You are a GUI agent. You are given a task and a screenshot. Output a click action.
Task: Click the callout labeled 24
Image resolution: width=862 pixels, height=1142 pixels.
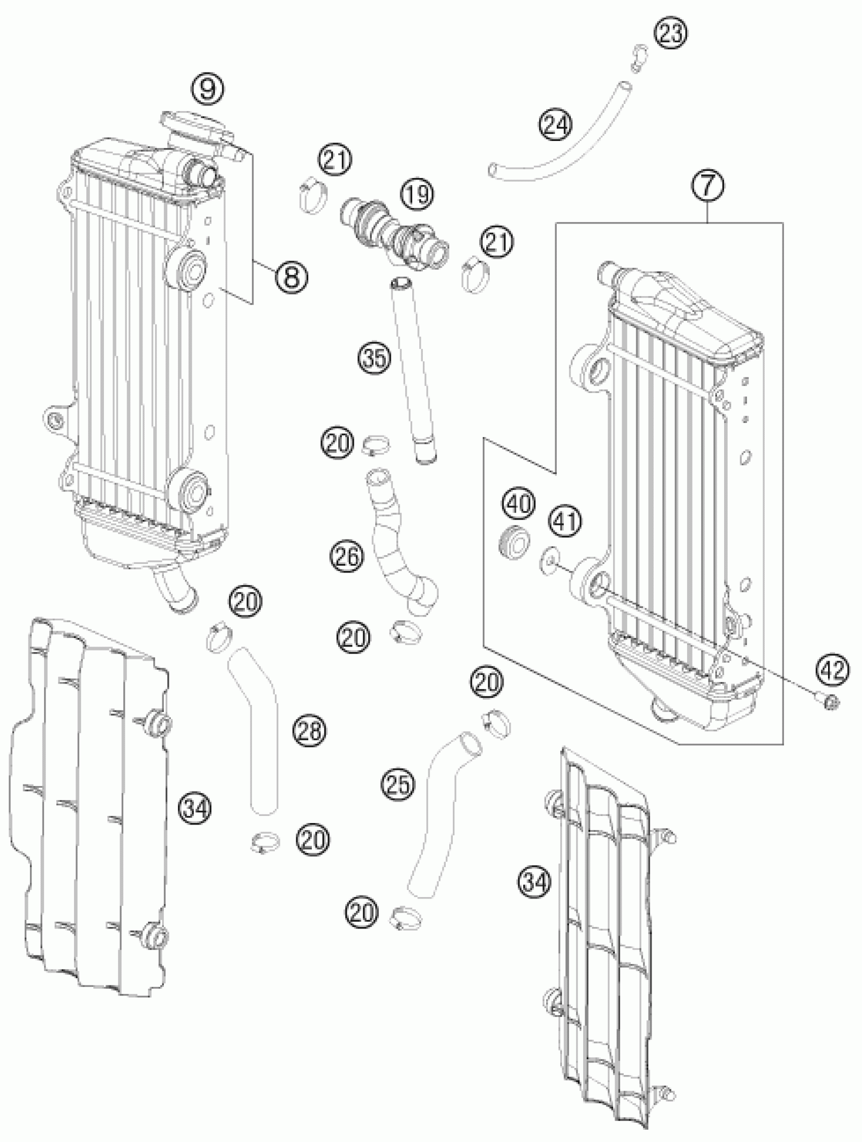556,125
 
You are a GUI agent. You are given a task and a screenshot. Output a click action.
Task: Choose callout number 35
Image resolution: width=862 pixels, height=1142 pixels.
375,358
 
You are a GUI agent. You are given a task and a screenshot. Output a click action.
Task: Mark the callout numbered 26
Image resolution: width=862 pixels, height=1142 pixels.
347,556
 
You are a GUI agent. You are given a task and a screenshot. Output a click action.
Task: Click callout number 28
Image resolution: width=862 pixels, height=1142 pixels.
310,731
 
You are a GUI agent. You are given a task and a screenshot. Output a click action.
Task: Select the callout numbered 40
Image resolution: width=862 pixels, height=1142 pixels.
520,504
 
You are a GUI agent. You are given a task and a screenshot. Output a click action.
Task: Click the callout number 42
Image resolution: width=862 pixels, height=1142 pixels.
833,670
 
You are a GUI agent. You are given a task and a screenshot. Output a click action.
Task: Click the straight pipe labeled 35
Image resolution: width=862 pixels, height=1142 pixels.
414,367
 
